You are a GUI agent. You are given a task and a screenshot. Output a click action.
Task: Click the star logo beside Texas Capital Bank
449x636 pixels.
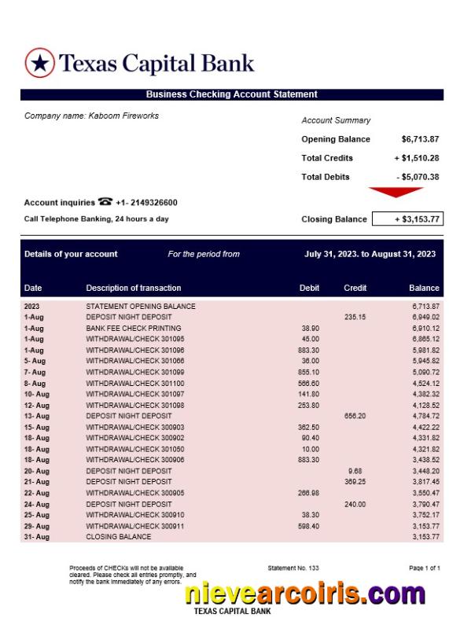click(39, 63)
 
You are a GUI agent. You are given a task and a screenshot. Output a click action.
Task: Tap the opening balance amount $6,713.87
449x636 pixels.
click(420, 139)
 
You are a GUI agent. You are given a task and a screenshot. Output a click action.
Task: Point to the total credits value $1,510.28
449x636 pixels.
click(417, 158)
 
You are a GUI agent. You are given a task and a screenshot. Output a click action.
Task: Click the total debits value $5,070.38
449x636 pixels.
click(418, 177)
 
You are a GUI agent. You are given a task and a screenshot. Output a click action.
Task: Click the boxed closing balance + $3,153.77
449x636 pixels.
click(406, 219)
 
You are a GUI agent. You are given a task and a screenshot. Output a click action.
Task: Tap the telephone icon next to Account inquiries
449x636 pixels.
click(105, 202)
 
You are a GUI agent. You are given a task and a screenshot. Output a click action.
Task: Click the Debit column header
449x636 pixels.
click(309, 288)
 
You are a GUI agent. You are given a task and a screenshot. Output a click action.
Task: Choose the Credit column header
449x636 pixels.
click(355, 288)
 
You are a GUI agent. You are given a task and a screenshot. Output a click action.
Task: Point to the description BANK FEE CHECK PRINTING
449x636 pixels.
click(134, 328)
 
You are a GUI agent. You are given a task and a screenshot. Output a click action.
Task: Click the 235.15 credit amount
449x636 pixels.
click(355, 317)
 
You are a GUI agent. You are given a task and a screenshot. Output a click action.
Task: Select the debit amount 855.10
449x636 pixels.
click(309, 372)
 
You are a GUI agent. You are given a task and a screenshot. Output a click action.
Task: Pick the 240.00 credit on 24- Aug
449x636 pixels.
click(355, 504)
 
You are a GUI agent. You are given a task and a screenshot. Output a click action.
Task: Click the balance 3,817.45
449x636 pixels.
click(425, 482)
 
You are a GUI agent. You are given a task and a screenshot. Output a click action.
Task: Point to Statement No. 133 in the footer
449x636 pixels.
click(293, 567)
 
